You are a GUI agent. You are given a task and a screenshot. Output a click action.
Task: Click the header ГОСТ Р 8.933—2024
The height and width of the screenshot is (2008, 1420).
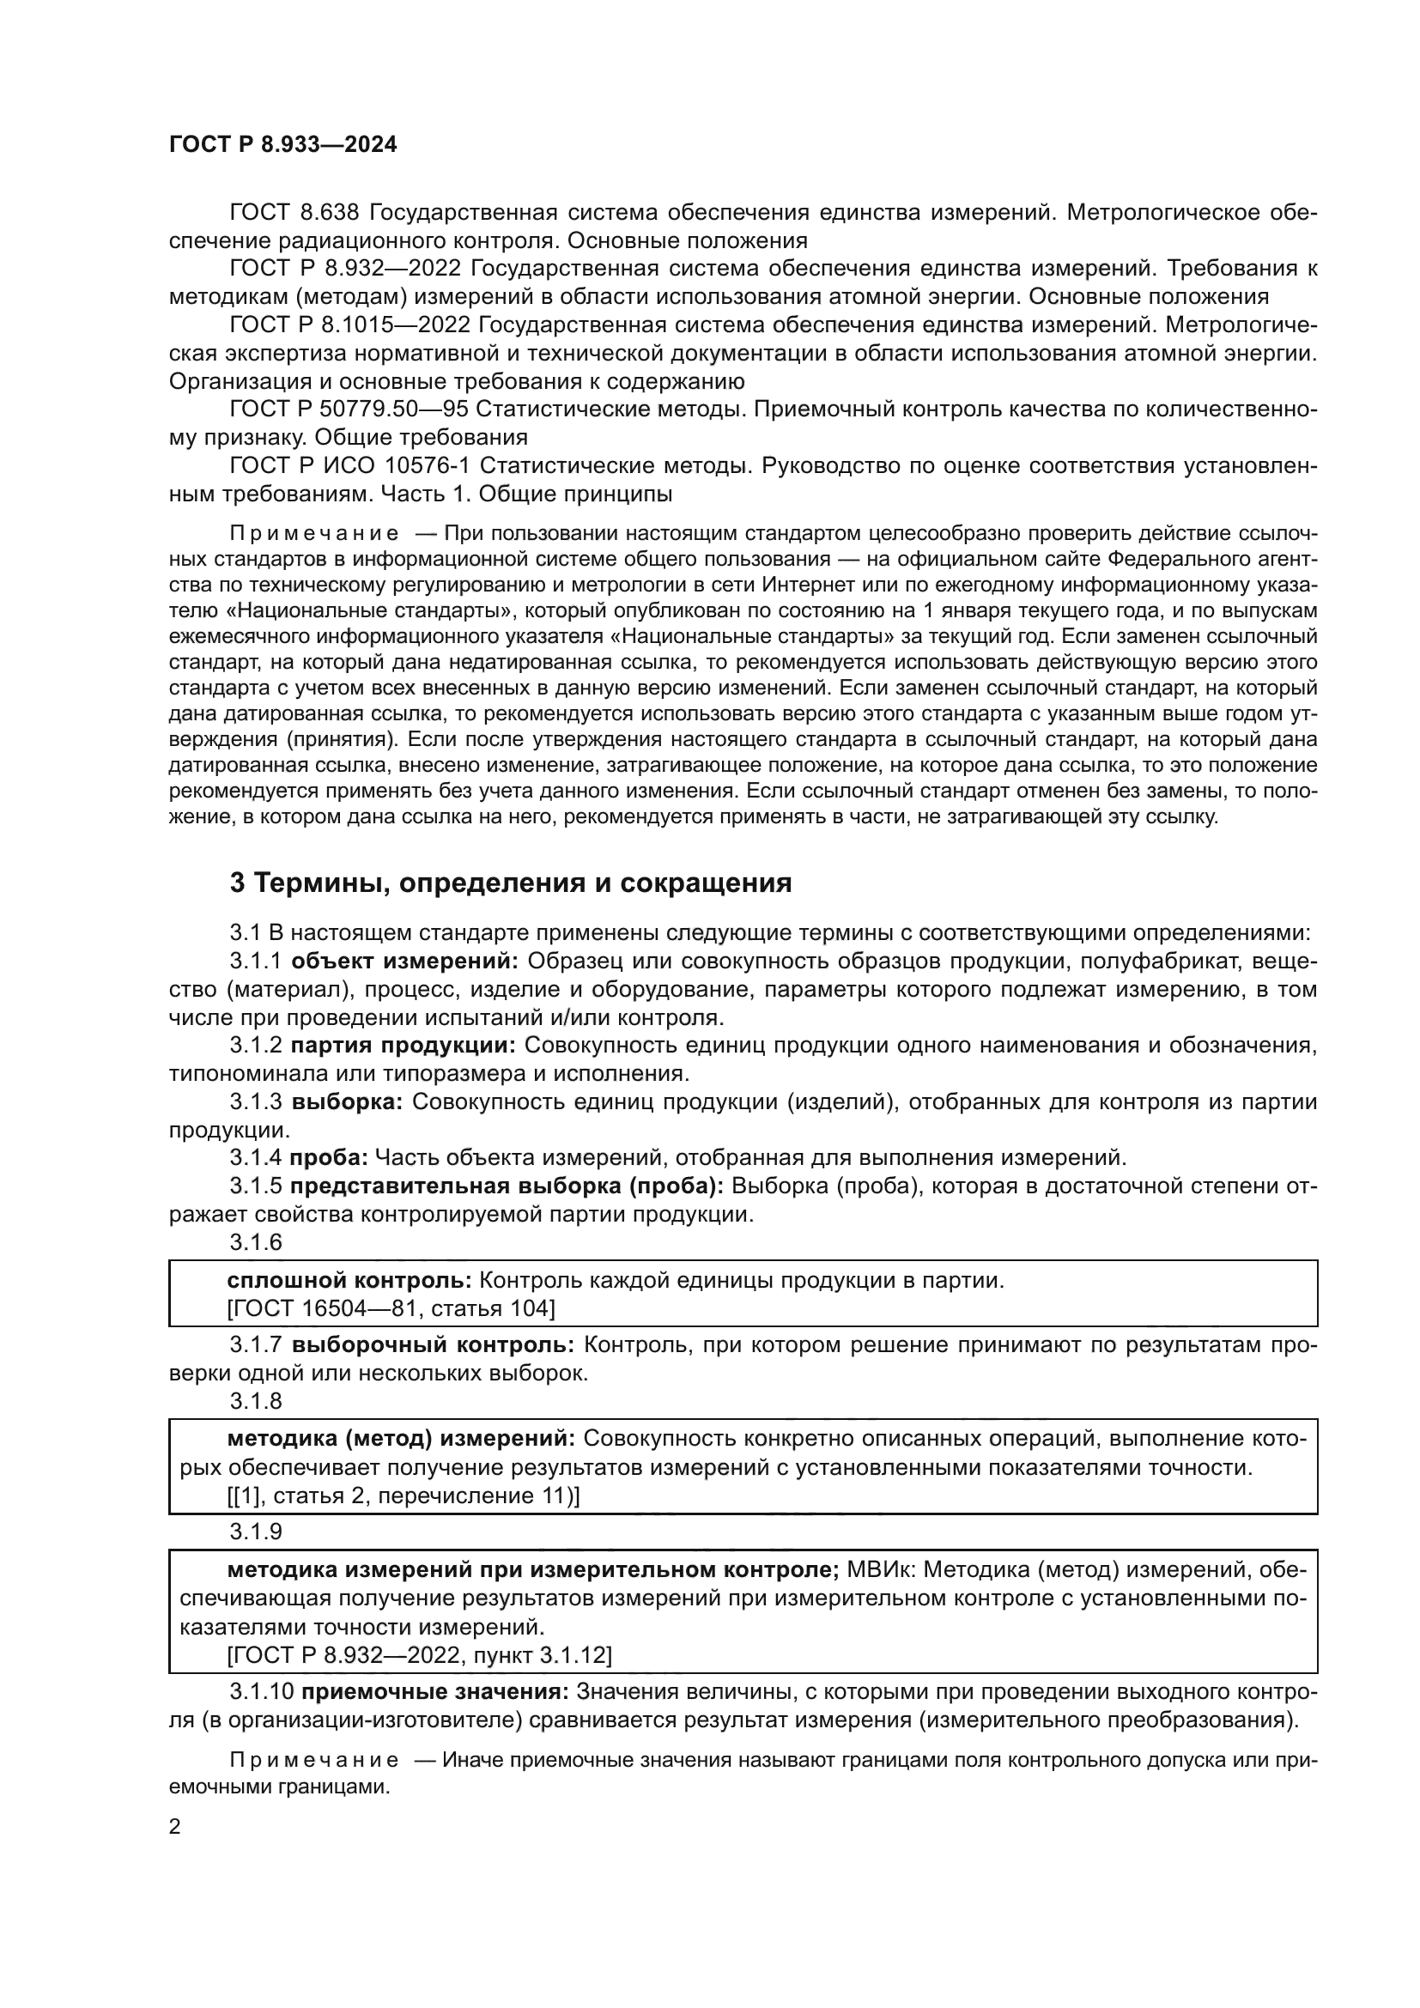click(x=282, y=145)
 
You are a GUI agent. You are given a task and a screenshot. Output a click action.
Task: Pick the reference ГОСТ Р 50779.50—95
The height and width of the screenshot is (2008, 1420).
click(x=347, y=409)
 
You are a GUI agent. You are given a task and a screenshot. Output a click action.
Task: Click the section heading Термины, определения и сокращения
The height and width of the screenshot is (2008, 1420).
click(x=510, y=883)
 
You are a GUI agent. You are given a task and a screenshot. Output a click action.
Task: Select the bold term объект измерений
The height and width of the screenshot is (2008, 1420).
click(x=404, y=962)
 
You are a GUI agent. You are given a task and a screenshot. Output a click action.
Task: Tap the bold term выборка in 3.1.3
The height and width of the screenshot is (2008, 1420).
click(x=346, y=1101)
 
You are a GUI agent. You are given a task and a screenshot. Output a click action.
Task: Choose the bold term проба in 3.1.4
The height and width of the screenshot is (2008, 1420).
click(x=329, y=1158)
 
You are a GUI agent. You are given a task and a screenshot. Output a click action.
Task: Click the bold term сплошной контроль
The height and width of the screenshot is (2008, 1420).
click(x=349, y=1281)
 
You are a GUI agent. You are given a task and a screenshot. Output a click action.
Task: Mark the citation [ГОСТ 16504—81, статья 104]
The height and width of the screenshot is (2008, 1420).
click(x=391, y=1309)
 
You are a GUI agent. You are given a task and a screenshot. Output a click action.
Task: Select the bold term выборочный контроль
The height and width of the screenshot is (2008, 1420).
click(x=433, y=1345)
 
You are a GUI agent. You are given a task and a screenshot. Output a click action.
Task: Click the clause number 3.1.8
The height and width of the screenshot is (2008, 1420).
click(x=256, y=1401)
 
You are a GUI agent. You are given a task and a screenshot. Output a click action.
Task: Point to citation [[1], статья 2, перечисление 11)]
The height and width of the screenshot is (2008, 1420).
click(x=404, y=1496)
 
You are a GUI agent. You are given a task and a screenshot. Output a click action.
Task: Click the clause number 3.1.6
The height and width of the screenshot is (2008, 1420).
click(x=256, y=1242)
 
